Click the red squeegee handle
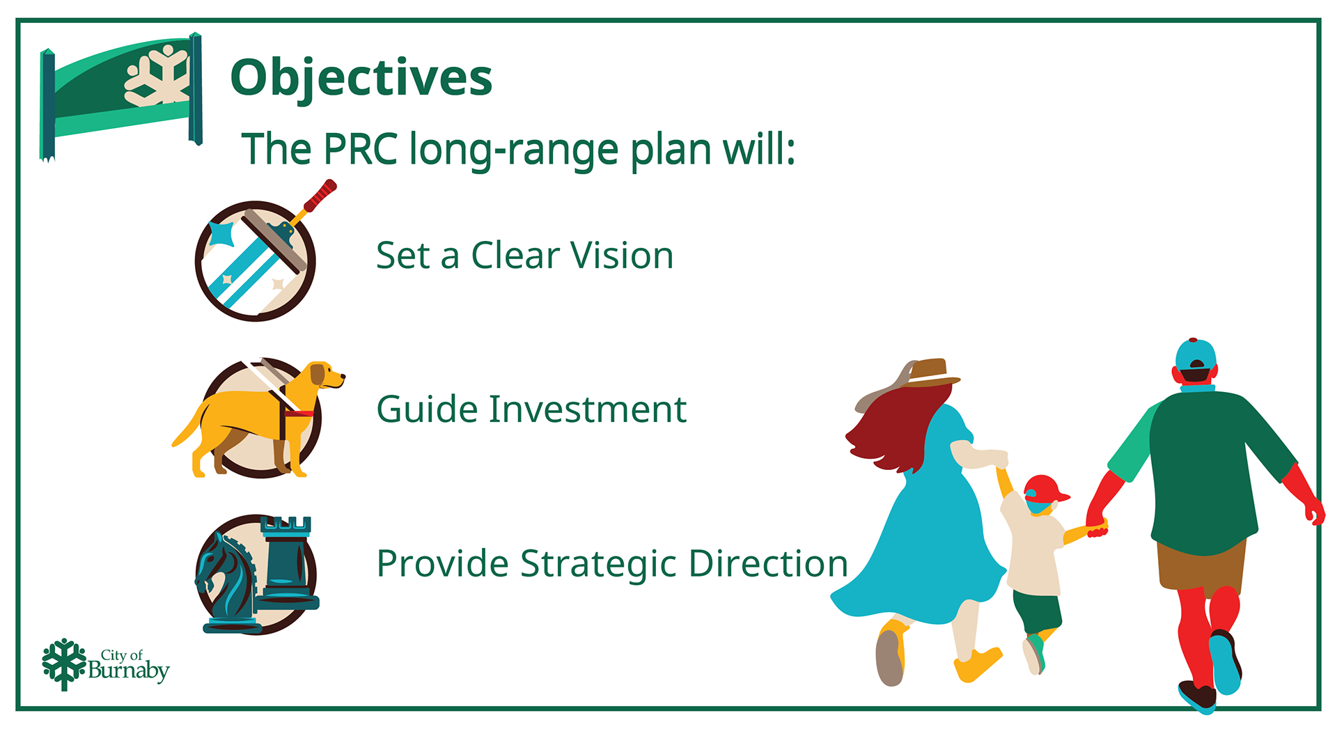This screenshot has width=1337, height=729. coord(320,196)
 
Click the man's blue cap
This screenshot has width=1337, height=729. coord(1196,355)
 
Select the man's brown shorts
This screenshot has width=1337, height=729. coord(1200,565)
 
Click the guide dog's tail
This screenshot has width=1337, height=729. coord(187,426)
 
